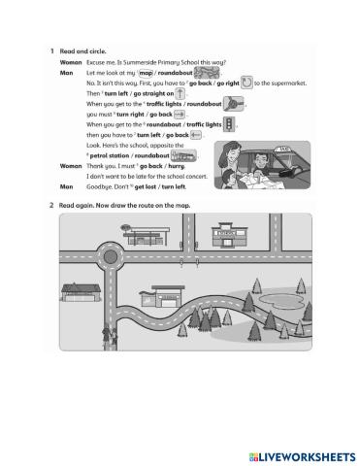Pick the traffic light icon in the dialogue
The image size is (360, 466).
(x=229, y=124)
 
